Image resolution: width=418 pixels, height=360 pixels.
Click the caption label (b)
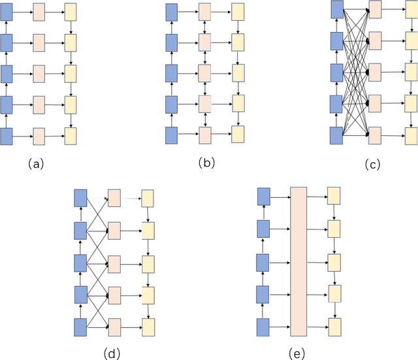(x=207, y=163)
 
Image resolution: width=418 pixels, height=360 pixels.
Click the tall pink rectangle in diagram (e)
(x=298, y=260)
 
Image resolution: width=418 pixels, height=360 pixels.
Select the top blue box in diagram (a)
(x=7, y=12)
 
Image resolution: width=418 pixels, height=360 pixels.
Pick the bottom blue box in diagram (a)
(x=7, y=136)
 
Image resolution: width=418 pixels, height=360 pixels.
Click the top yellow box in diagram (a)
(x=71, y=12)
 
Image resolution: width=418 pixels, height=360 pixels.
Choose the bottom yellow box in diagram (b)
(x=238, y=135)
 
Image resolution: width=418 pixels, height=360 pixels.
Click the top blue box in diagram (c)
(x=338, y=9)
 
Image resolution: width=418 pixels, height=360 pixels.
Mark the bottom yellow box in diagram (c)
(x=411, y=134)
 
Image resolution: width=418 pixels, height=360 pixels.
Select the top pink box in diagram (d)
(x=114, y=197)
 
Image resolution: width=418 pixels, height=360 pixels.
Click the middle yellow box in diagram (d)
(x=148, y=263)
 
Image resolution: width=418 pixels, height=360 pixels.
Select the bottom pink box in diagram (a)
(x=39, y=136)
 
